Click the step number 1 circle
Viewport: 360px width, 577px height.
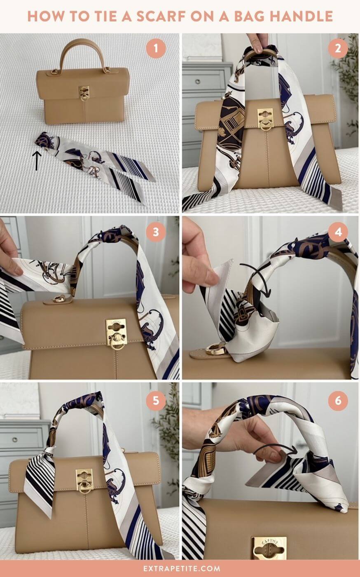pyautogui.click(x=156, y=50)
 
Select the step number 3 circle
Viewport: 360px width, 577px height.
pyautogui.click(x=156, y=232)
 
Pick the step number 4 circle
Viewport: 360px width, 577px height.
pyautogui.click(x=338, y=232)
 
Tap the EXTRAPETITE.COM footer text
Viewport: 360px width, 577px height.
pyautogui.click(x=180, y=568)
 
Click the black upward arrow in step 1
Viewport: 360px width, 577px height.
pyautogui.click(x=37, y=160)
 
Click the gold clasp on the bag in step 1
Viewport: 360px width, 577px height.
pyautogui.click(x=84, y=93)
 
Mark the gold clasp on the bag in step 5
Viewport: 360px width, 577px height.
pyautogui.click(x=84, y=481)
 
